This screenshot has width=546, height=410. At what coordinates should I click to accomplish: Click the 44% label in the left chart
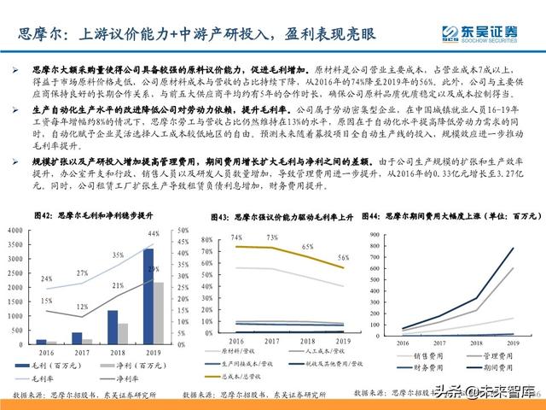154,234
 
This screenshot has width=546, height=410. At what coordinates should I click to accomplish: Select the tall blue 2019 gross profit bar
148,296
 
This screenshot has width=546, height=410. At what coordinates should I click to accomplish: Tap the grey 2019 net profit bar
159,312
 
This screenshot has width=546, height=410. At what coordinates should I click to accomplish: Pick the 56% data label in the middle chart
345,257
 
